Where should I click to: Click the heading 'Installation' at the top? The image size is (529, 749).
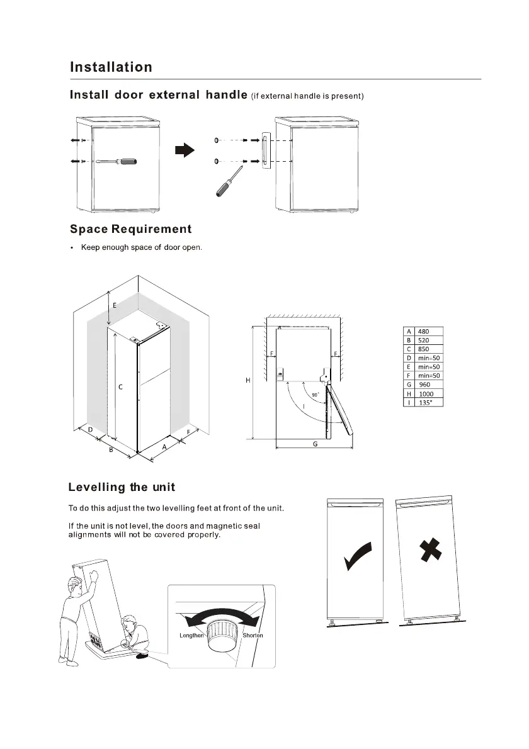[111, 67]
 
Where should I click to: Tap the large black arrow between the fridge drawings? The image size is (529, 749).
[184, 150]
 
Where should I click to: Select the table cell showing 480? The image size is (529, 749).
[423, 331]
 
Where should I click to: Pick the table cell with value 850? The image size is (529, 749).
[423, 349]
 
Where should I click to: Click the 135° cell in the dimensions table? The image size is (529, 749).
[426, 402]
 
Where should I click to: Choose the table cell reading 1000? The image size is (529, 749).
[426, 393]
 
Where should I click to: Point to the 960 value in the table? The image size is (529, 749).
[424, 385]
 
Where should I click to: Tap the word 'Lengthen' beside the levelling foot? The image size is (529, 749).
[192, 635]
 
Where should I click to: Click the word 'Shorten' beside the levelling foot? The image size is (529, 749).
[253, 635]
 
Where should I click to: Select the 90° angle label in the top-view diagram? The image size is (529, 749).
[317, 395]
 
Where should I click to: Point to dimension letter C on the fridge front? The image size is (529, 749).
[120, 387]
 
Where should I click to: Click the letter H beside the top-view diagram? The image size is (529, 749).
[247, 380]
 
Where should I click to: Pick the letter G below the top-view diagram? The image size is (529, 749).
[315, 444]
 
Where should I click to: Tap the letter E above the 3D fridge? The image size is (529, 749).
[115, 305]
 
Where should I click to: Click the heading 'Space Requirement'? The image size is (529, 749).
[131, 229]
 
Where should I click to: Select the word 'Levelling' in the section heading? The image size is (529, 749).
[96, 488]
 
